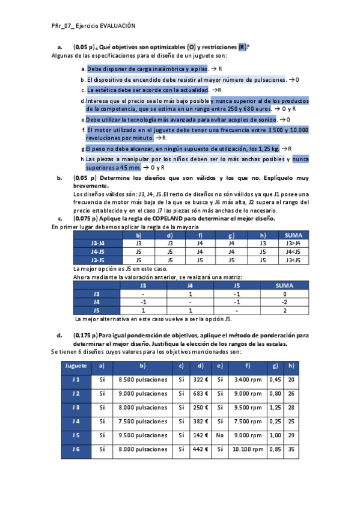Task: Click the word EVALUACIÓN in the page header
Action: tap(118, 26)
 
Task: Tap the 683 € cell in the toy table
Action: tap(200, 393)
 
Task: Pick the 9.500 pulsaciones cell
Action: tap(143, 435)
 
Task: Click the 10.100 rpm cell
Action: tap(247, 449)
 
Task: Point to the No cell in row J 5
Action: tap(220, 435)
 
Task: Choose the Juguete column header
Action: tap(75, 365)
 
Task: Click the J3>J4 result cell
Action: tap(293, 243)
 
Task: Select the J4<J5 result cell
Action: tap(293, 251)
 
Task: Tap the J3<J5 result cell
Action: tap(293, 260)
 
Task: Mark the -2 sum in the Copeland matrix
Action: tap(284, 302)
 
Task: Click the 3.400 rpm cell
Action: tap(247, 379)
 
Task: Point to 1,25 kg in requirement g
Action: tap(269, 149)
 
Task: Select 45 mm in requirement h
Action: tap(132, 168)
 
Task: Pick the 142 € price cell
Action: tap(200, 435)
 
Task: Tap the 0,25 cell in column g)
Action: tap(275, 421)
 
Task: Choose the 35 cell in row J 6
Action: tap(291, 449)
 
